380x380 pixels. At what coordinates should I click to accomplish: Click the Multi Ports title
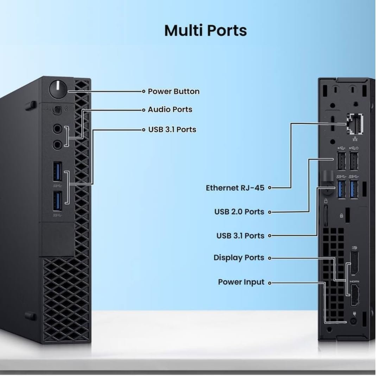(x=205, y=30)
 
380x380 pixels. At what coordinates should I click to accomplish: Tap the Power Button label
(x=173, y=91)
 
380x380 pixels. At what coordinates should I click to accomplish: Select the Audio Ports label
(x=170, y=109)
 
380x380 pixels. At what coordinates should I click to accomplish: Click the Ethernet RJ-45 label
(x=235, y=188)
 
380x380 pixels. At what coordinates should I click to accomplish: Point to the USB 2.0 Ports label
(x=239, y=211)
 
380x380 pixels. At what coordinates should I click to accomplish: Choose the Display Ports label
(x=239, y=258)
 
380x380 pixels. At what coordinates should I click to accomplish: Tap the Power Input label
(x=241, y=282)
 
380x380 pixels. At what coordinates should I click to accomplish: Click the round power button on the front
(x=58, y=89)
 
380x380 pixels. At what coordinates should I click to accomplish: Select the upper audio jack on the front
(x=57, y=129)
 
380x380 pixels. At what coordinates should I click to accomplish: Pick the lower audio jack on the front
(x=57, y=145)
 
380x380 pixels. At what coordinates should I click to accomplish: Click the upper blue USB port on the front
(x=57, y=172)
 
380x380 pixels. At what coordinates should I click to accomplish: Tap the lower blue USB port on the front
(x=57, y=201)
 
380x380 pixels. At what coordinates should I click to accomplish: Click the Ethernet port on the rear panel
(x=355, y=124)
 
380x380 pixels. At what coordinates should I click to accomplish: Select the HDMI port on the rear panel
(x=355, y=295)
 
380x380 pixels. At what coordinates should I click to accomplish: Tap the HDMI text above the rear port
(x=354, y=281)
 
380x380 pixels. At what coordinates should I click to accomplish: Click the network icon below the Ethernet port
(x=355, y=139)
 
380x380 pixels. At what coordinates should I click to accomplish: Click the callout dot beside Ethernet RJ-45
(x=270, y=188)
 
